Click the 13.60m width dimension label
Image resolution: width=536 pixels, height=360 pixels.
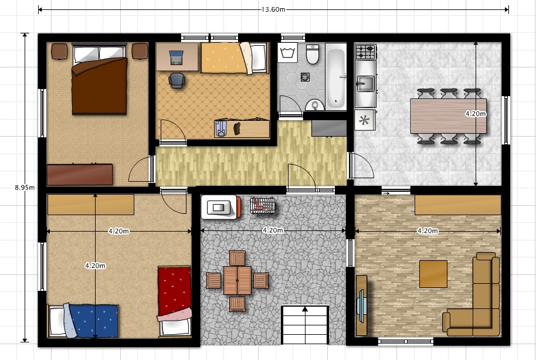(x=273, y=9)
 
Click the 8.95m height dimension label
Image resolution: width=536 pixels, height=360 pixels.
(x=25, y=188)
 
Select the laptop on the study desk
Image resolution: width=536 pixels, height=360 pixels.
(x=176, y=57)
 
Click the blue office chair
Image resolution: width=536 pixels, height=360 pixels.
(x=177, y=81)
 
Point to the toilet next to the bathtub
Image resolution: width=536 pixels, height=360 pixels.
(x=313, y=54)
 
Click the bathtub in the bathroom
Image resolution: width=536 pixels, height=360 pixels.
(x=335, y=77)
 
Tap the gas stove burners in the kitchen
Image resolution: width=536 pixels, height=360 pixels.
(x=365, y=52)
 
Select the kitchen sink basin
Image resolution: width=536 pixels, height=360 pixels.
(x=365, y=84)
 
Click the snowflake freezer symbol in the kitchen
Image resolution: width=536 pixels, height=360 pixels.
(x=365, y=120)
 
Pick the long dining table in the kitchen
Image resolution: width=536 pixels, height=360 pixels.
(x=449, y=116)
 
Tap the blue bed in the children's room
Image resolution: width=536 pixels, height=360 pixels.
(x=83, y=321)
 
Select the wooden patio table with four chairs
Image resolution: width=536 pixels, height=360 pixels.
(x=238, y=281)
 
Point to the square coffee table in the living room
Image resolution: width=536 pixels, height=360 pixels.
(x=433, y=274)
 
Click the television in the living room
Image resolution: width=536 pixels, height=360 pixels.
(x=362, y=305)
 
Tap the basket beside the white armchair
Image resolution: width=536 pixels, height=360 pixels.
(x=263, y=205)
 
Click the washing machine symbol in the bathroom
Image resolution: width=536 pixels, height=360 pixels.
(x=287, y=53)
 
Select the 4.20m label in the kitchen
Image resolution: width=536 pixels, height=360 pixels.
(x=476, y=114)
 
